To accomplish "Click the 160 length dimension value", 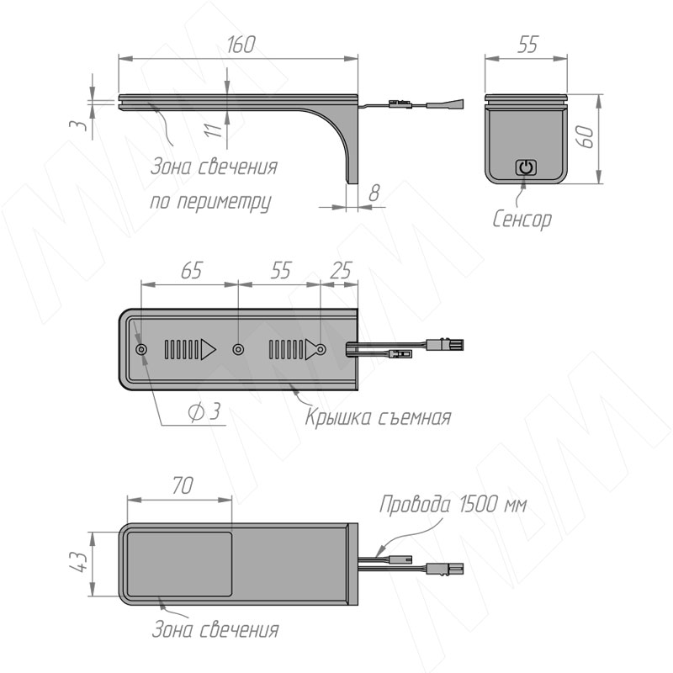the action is click(241, 45).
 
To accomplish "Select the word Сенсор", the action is click(522, 220).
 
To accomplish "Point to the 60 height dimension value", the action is click(586, 137).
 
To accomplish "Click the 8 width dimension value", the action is click(374, 193).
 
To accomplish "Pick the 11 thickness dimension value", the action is click(214, 130).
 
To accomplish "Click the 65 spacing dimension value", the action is click(192, 271).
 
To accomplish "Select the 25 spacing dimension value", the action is click(342, 270).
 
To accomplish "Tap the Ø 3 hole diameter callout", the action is click(204, 412).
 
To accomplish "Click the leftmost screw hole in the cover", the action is click(141, 350).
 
